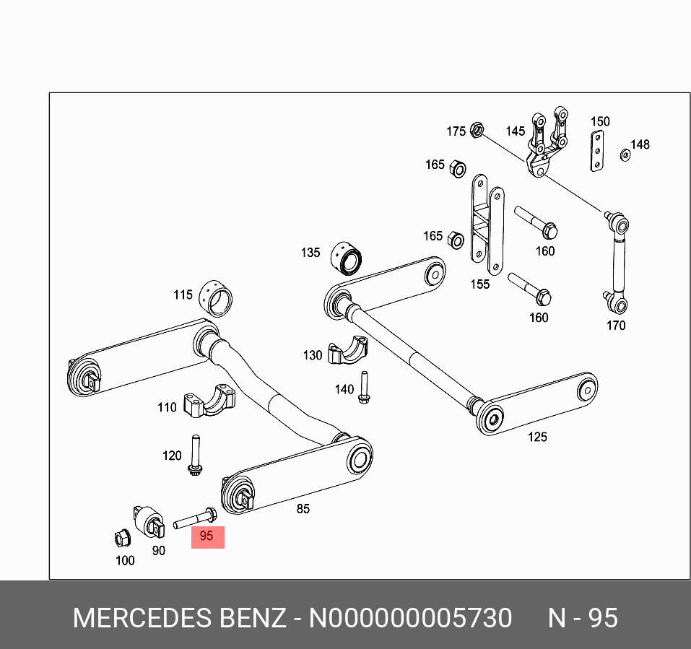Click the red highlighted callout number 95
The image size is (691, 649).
(x=207, y=536)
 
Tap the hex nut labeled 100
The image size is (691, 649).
(x=123, y=538)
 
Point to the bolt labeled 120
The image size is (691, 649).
(x=194, y=456)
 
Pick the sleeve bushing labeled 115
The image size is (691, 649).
(x=220, y=295)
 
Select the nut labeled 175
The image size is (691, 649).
(x=476, y=131)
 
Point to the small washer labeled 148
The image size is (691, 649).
(x=625, y=154)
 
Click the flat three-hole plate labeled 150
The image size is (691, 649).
(x=597, y=152)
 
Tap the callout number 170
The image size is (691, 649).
(x=615, y=326)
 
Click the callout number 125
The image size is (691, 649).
(x=537, y=437)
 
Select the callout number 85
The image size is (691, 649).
(x=303, y=509)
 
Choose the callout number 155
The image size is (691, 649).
(x=480, y=284)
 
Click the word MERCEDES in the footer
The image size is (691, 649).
(x=138, y=619)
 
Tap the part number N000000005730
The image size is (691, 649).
(x=410, y=619)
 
